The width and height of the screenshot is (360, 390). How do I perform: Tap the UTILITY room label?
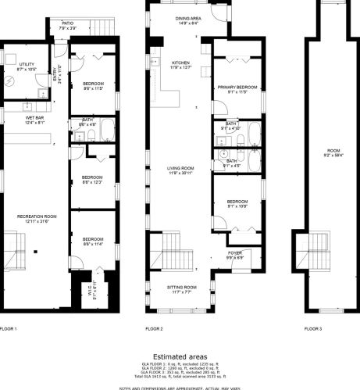16,64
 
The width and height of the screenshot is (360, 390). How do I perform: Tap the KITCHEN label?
181,63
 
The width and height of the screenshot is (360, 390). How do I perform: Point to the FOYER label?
235,252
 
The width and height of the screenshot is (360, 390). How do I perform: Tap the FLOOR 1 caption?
9,329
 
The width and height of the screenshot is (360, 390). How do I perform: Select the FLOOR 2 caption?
154,329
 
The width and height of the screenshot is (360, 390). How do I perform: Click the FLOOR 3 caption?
312,329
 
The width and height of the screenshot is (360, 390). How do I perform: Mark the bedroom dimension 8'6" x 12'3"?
93,182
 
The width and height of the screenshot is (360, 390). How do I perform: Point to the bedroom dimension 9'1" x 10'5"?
237,207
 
